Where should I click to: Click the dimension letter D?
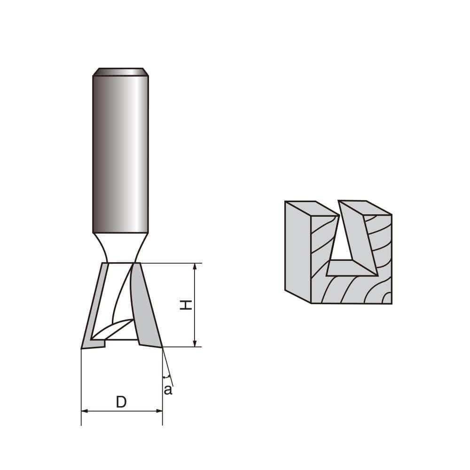[x=121, y=402]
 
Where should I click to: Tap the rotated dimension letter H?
[x=187, y=305]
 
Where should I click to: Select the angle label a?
[x=168, y=390]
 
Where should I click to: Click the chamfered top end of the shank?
[x=121, y=71]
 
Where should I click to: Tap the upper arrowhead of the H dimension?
[x=195, y=266]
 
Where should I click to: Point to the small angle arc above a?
[x=166, y=377]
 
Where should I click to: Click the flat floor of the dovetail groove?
[x=350, y=268]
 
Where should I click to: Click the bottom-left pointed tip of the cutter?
[x=82, y=348]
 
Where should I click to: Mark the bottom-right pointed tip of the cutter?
[x=162, y=347]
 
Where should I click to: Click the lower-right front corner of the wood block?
[x=391, y=303]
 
